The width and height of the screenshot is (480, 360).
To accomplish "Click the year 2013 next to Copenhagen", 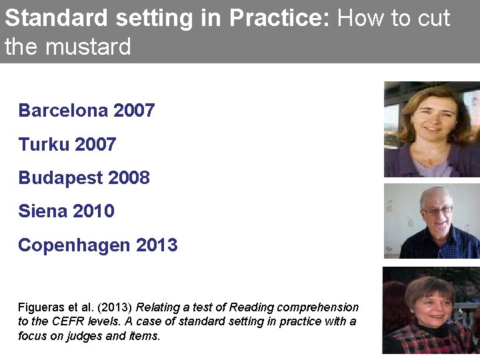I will click(157, 245).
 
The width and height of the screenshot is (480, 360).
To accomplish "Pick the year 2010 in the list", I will click(94, 211).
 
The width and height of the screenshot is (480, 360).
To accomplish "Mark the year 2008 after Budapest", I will click(129, 178).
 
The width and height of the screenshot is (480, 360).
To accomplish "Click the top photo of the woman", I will click(431, 129).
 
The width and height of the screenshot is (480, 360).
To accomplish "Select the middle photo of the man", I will click(431, 221).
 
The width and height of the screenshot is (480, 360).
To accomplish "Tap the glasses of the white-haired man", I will click(438, 210).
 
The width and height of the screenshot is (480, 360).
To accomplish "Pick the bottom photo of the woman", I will click(431, 310).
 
